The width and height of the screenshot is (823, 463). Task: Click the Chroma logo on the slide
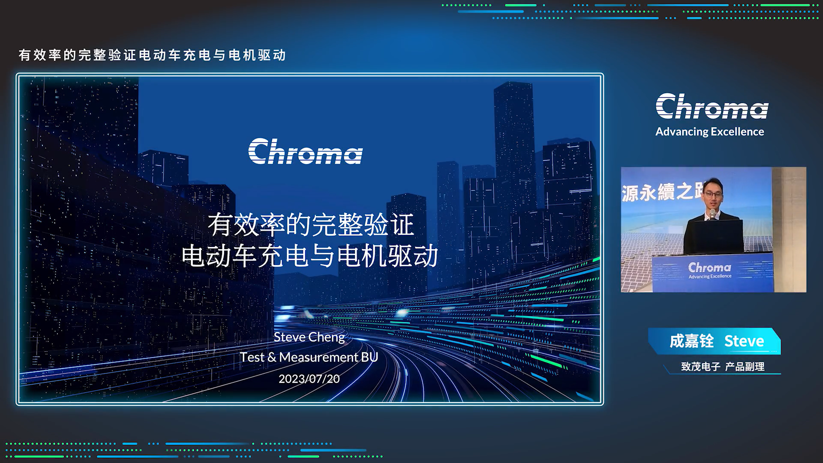pos(305,151)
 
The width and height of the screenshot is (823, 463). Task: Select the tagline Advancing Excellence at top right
pos(709,132)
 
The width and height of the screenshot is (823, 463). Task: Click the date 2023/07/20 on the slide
pos(309,379)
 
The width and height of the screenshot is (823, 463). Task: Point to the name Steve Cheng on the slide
pos(309,337)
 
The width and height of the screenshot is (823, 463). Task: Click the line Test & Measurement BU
pos(309,357)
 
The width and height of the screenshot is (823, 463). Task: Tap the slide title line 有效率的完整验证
pos(311,224)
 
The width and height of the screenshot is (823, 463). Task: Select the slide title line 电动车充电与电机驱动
pos(310,256)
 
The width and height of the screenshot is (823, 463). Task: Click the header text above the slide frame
pos(152,55)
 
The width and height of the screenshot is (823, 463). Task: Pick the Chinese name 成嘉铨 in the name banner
pos(691,341)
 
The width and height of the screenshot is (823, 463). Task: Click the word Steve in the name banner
pos(744,341)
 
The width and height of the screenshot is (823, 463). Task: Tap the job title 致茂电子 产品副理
pos(723,367)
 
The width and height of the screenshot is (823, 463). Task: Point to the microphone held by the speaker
pos(712,214)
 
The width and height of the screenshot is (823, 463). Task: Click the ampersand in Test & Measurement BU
pos(272,357)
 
